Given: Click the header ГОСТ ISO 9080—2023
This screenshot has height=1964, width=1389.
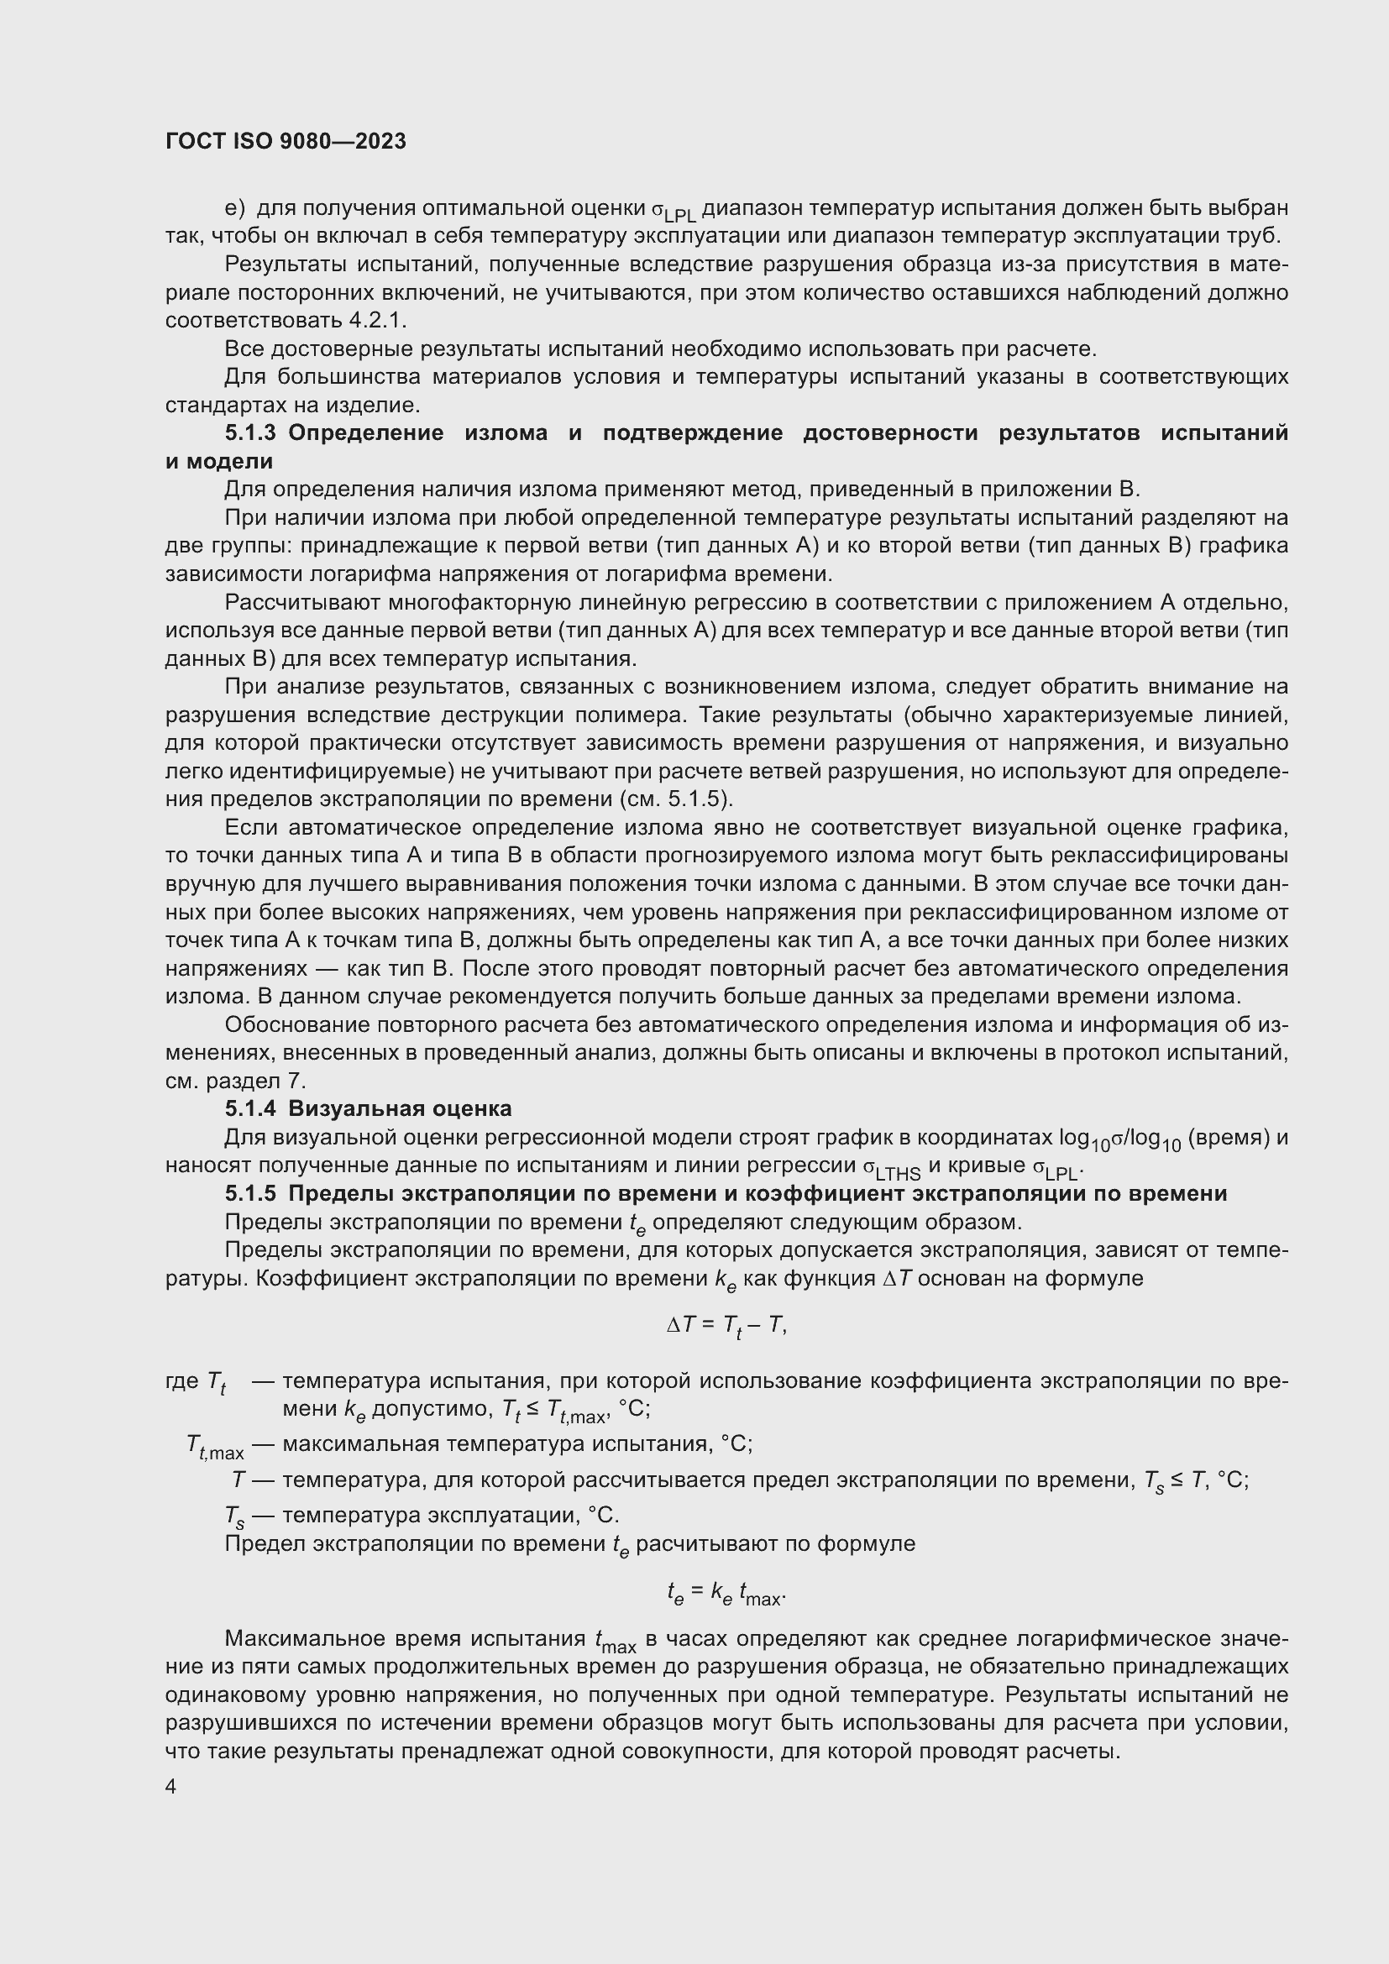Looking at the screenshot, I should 286,141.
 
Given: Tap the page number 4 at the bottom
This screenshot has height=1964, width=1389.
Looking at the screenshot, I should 171,1787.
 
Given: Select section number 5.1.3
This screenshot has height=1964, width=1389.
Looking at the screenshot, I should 249,432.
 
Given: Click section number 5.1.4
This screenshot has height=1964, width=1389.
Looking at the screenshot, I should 249,1108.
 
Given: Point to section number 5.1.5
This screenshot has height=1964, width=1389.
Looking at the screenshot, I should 249,1193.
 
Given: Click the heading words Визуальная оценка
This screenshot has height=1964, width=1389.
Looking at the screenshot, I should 400,1108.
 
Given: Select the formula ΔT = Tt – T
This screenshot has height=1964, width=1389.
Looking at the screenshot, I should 726,1326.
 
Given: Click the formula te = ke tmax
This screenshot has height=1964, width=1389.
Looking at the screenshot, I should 726,1593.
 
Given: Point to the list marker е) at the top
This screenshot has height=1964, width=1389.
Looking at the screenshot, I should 234,208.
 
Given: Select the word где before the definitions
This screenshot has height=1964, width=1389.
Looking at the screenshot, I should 181,1380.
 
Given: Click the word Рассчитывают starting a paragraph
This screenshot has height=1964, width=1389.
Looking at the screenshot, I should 303,602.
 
